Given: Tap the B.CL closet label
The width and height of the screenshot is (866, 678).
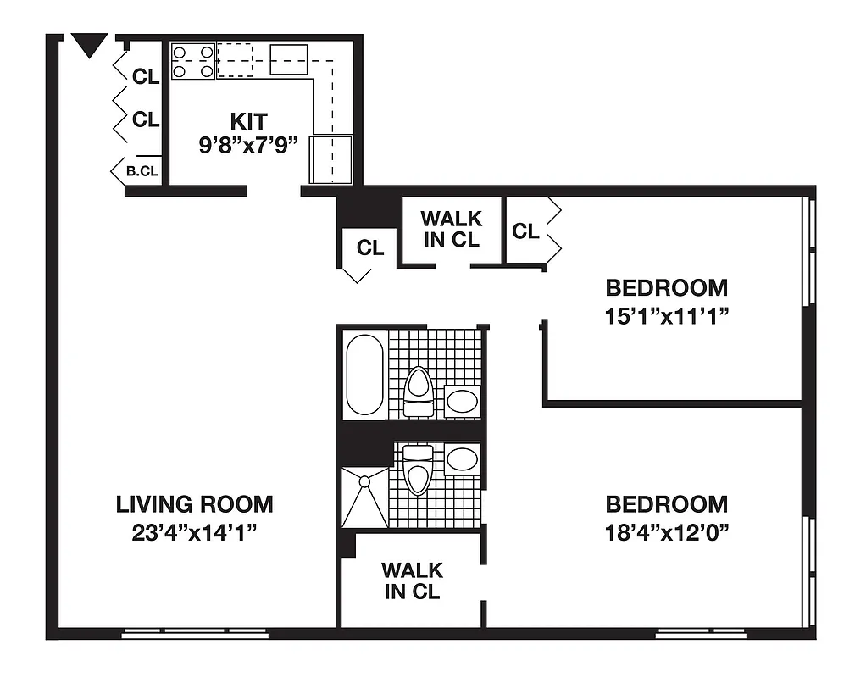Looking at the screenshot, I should tap(142, 171).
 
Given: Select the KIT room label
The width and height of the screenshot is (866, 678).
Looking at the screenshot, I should tap(248, 120).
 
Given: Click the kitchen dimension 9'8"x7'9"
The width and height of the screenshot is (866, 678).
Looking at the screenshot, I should tap(248, 144).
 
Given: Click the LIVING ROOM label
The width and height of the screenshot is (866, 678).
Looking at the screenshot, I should tap(194, 504).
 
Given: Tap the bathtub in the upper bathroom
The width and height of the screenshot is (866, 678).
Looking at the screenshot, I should tap(365, 375).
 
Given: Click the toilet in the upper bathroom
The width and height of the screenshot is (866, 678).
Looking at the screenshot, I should tap(418, 392).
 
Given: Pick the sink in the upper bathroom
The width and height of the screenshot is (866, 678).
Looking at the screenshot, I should tap(463, 401).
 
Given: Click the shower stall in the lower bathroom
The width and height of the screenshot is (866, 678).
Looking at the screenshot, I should tap(364, 497).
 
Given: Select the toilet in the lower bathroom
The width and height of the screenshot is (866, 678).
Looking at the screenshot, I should tap(417, 470).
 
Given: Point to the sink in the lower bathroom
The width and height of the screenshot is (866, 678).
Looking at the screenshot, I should tap(463, 459).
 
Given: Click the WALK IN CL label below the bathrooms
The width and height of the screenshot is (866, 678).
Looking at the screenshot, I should tap(412, 581).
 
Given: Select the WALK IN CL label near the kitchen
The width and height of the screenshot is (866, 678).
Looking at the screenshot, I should tap(451, 230).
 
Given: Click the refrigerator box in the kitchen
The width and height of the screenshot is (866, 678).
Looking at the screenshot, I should tap(330, 158).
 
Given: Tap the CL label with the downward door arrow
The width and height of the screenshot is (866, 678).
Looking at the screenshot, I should tap(370, 248).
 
